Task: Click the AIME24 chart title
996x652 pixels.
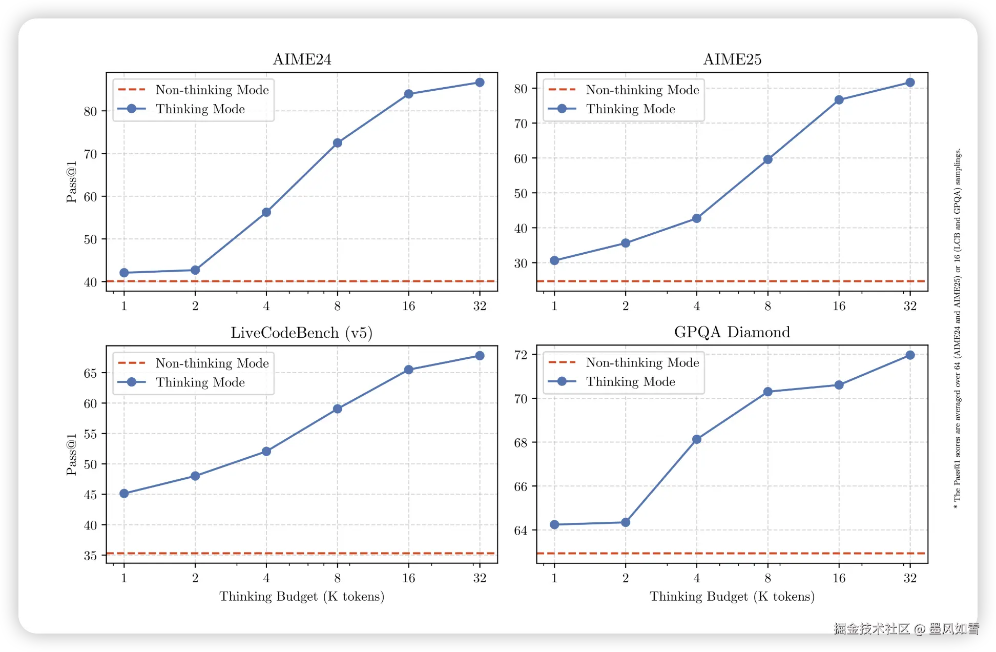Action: click(302, 59)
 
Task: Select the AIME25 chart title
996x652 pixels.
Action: click(732, 59)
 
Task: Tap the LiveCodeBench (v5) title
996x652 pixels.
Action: click(301, 333)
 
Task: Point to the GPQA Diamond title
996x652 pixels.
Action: click(732, 332)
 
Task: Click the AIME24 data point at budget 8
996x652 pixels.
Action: click(337, 143)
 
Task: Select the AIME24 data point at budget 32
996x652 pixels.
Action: click(480, 83)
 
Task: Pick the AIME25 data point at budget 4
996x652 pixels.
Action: click(697, 218)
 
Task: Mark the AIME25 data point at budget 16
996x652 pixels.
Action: click(839, 100)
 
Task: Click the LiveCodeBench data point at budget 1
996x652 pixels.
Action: click(124, 494)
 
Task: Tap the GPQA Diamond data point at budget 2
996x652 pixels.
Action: click(626, 522)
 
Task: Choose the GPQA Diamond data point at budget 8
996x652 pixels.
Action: click(767, 392)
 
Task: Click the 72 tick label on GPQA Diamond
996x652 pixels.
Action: click(521, 355)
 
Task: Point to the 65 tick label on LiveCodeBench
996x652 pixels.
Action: click(90, 373)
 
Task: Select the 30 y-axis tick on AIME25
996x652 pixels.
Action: click(521, 263)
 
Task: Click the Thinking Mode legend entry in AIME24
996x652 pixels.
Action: click(200, 109)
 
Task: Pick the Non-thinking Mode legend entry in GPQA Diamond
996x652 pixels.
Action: click(642, 362)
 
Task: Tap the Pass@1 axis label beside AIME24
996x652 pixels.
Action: click(71, 182)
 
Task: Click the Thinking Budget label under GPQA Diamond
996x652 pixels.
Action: click(732, 597)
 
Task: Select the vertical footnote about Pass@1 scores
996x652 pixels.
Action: click(957, 328)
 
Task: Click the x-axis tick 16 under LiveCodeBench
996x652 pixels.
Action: click(408, 578)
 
